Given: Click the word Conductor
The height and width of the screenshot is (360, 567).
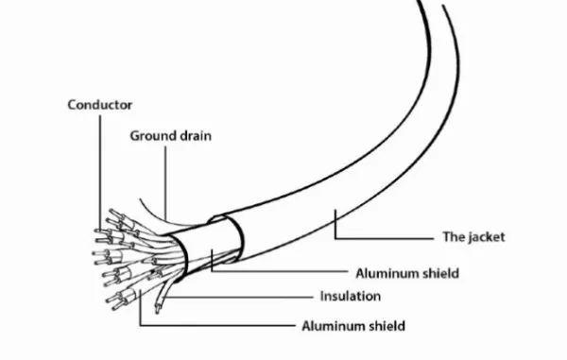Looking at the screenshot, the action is click(100, 105).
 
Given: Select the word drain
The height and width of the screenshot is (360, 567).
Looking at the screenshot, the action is click(196, 136).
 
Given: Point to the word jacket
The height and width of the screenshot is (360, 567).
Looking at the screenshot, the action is click(487, 237).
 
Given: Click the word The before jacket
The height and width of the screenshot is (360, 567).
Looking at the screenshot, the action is click(454, 237).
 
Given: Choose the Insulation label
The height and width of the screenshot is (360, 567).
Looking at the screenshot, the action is click(351, 297).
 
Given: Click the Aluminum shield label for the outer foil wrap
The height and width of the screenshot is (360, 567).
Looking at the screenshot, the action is click(407, 273).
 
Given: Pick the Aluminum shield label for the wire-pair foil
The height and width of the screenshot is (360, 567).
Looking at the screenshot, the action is click(353, 326).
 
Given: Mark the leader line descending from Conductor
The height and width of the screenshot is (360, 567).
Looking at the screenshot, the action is click(100, 173).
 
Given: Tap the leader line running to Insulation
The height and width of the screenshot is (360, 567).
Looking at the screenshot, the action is click(238, 298).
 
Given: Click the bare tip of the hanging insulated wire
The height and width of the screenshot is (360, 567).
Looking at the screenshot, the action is click(157, 309).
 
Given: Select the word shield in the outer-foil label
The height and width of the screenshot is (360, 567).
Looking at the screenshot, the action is click(439, 273).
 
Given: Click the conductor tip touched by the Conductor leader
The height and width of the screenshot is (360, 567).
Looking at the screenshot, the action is click(98, 231).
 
